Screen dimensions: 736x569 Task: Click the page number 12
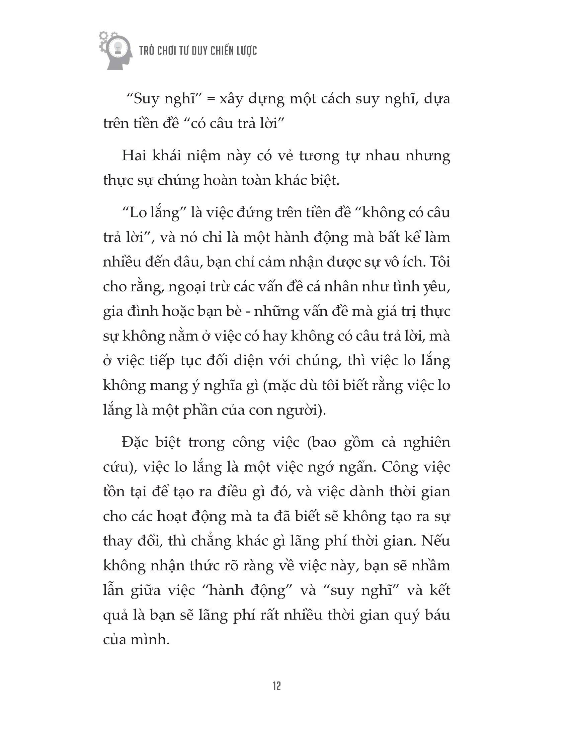(277, 686)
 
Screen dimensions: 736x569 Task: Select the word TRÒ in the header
(147, 51)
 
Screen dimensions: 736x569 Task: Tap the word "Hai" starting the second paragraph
(134, 156)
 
